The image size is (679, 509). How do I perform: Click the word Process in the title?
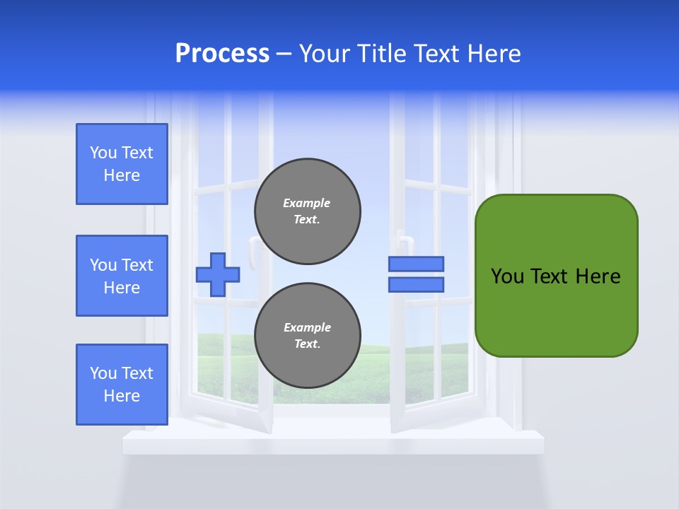pyautogui.click(x=222, y=54)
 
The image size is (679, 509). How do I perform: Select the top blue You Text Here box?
pyautogui.click(x=122, y=164)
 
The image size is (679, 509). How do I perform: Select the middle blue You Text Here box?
pyautogui.click(x=122, y=276)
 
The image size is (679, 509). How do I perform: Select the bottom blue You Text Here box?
pyautogui.click(x=122, y=385)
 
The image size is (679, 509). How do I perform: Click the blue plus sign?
pyautogui.click(x=218, y=274)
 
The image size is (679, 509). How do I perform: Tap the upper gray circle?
pyautogui.click(x=308, y=211)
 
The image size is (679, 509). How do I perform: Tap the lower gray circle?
pyautogui.click(x=308, y=336)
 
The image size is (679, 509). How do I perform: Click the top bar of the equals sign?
pyautogui.click(x=416, y=264)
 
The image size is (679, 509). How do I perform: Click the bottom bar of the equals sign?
pyautogui.click(x=416, y=285)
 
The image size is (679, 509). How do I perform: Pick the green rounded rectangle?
pyautogui.click(x=556, y=311)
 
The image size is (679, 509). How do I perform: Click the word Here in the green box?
pyautogui.click(x=598, y=276)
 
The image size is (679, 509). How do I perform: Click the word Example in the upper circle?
pyautogui.click(x=307, y=203)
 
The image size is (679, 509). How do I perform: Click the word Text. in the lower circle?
pyautogui.click(x=308, y=344)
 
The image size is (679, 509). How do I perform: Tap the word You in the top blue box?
pyautogui.click(x=103, y=153)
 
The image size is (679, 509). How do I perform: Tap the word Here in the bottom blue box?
pyautogui.click(x=122, y=396)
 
